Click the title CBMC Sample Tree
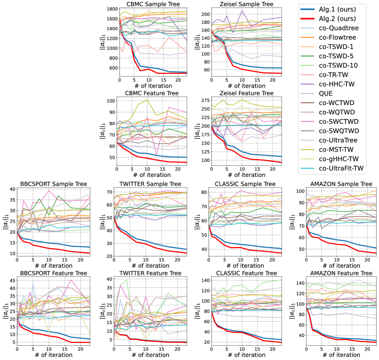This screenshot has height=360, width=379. [153, 4]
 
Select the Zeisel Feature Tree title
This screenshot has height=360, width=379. [247, 93]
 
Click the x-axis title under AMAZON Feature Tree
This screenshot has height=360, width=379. [341, 355]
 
